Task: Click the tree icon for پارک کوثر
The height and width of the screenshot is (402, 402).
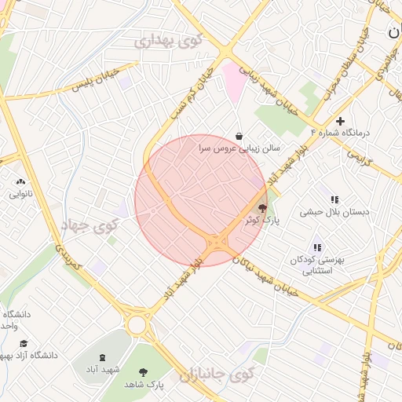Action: (x=262, y=208)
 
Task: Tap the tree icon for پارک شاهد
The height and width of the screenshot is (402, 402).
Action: (x=143, y=372)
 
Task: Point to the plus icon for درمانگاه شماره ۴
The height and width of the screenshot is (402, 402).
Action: (x=340, y=121)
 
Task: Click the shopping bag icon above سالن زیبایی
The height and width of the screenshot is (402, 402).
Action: (x=239, y=136)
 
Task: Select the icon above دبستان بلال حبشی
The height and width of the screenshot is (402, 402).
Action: (x=334, y=199)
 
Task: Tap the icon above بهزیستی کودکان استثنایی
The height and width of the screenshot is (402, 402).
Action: (x=317, y=247)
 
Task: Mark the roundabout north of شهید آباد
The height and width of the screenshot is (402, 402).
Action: (x=138, y=323)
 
